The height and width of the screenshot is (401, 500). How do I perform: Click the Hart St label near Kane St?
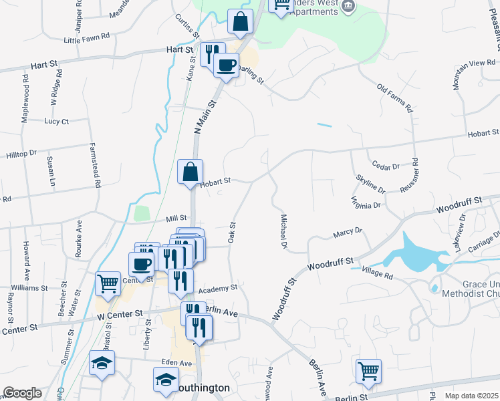pyautogui.click(x=178, y=49)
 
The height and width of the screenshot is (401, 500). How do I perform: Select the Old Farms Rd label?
pyautogui.click(x=394, y=98)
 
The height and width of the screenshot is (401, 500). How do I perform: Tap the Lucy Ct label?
pyautogui.click(x=56, y=122)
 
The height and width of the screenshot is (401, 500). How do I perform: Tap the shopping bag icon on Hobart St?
pyautogui.click(x=191, y=172)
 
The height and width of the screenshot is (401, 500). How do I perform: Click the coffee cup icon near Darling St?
pyautogui.click(x=226, y=65)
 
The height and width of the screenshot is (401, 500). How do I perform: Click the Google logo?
pyautogui.click(x=22, y=393)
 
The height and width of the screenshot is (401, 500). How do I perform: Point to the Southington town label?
pyautogui.click(x=202, y=388)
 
